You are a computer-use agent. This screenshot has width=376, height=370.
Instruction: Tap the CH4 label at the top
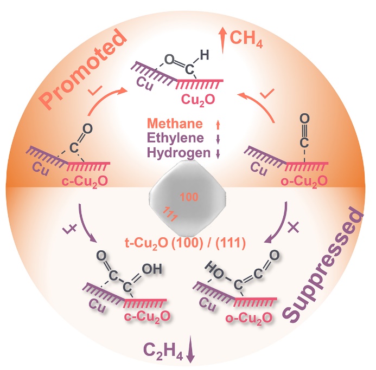pos(247,39)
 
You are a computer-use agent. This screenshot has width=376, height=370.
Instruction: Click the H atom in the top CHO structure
pos(204,54)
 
